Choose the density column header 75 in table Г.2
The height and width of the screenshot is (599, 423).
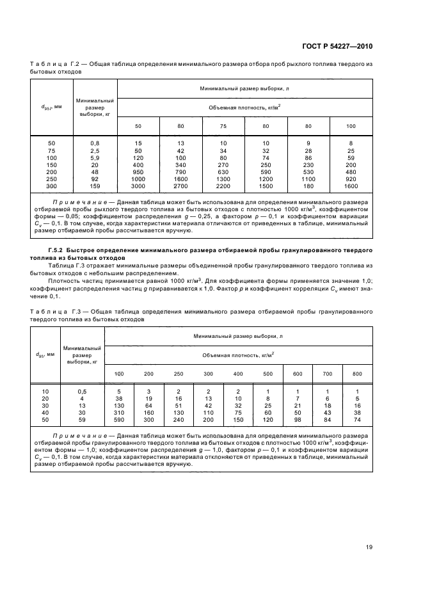pos(223,126)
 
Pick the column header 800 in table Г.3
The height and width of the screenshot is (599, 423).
pos(357,373)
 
